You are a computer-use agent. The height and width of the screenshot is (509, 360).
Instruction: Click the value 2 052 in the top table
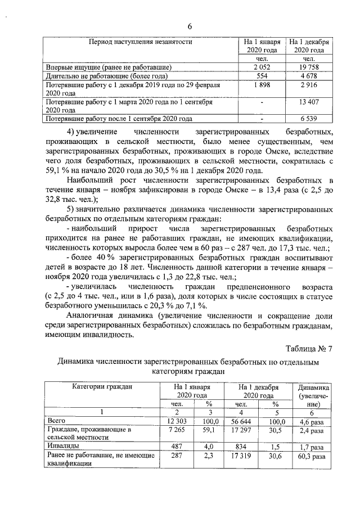point(262,67)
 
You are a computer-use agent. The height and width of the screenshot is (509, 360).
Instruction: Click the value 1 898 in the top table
point(262,84)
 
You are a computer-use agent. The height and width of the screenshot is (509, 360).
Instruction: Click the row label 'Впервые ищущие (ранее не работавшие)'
point(109,67)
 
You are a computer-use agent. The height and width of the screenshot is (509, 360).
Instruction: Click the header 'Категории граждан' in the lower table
point(102,387)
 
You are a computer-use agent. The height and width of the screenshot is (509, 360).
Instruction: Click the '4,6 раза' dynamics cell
point(310,420)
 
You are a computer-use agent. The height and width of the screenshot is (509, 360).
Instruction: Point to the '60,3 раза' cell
point(310,456)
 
